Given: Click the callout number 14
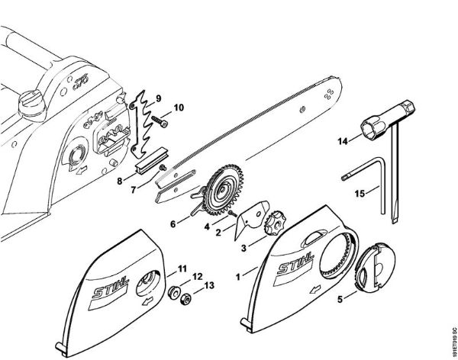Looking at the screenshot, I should pos(343,140).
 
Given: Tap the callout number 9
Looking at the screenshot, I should pos(159,98).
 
